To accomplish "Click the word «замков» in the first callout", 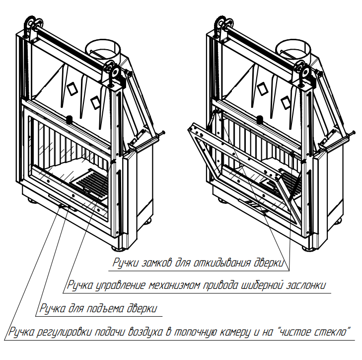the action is point(156,263).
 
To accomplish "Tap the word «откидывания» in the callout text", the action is point(222,263).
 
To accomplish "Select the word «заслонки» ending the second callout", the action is point(306,285).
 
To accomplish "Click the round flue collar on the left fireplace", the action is point(103,49).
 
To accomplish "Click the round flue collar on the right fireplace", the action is point(293,49).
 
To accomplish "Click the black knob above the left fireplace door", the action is point(69,119).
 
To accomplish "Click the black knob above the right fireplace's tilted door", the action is point(260,119).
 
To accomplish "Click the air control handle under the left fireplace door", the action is point(63,205).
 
